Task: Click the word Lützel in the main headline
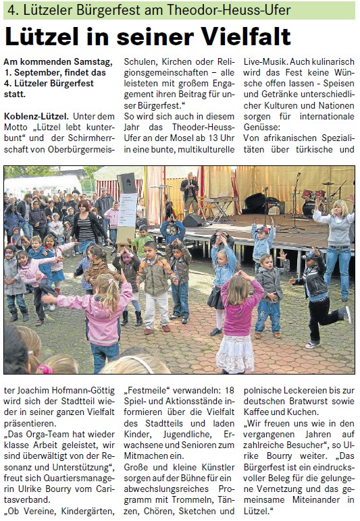(x=45, y=36)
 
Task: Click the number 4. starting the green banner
(x=10, y=10)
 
